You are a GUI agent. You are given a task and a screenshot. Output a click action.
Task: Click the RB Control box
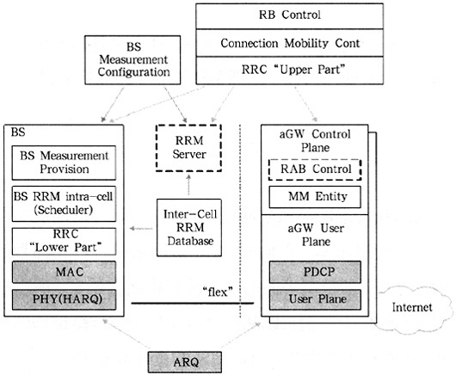click(x=289, y=16)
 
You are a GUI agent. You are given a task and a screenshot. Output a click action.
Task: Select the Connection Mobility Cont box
click(x=289, y=43)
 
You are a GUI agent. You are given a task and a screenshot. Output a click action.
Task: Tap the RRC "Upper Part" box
click(x=289, y=71)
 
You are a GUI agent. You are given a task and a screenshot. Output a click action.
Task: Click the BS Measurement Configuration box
click(x=132, y=60)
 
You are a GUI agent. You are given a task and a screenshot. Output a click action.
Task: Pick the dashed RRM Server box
click(x=188, y=148)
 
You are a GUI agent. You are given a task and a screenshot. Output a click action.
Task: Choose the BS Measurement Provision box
click(x=64, y=163)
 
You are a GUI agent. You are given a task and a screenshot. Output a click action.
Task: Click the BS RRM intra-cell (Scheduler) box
click(x=64, y=204)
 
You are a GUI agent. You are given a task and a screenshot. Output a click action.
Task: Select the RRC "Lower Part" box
click(x=64, y=242)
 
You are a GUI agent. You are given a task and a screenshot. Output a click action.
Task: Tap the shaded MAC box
click(x=64, y=272)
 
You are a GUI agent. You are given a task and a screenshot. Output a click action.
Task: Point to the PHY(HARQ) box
click(x=64, y=299)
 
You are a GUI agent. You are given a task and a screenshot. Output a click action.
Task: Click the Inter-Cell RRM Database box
click(x=189, y=228)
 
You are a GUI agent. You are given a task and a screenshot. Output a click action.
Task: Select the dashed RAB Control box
click(x=315, y=169)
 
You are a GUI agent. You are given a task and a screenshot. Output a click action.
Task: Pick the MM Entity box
click(x=315, y=197)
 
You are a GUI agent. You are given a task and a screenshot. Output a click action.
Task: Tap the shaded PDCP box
click(x=315, y=272)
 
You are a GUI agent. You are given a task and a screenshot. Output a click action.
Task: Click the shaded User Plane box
click(x=315, y=299)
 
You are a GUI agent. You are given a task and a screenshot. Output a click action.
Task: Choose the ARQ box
click(x=185, y=362)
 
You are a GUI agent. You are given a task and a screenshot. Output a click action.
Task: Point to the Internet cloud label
click(x=412, y=307)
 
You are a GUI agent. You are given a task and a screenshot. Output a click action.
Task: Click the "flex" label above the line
click(x=218, y=292)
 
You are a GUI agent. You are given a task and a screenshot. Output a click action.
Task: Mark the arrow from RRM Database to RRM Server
click(x=188, y=185)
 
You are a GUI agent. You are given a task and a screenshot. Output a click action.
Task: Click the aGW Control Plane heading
click(x=315, y=141)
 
